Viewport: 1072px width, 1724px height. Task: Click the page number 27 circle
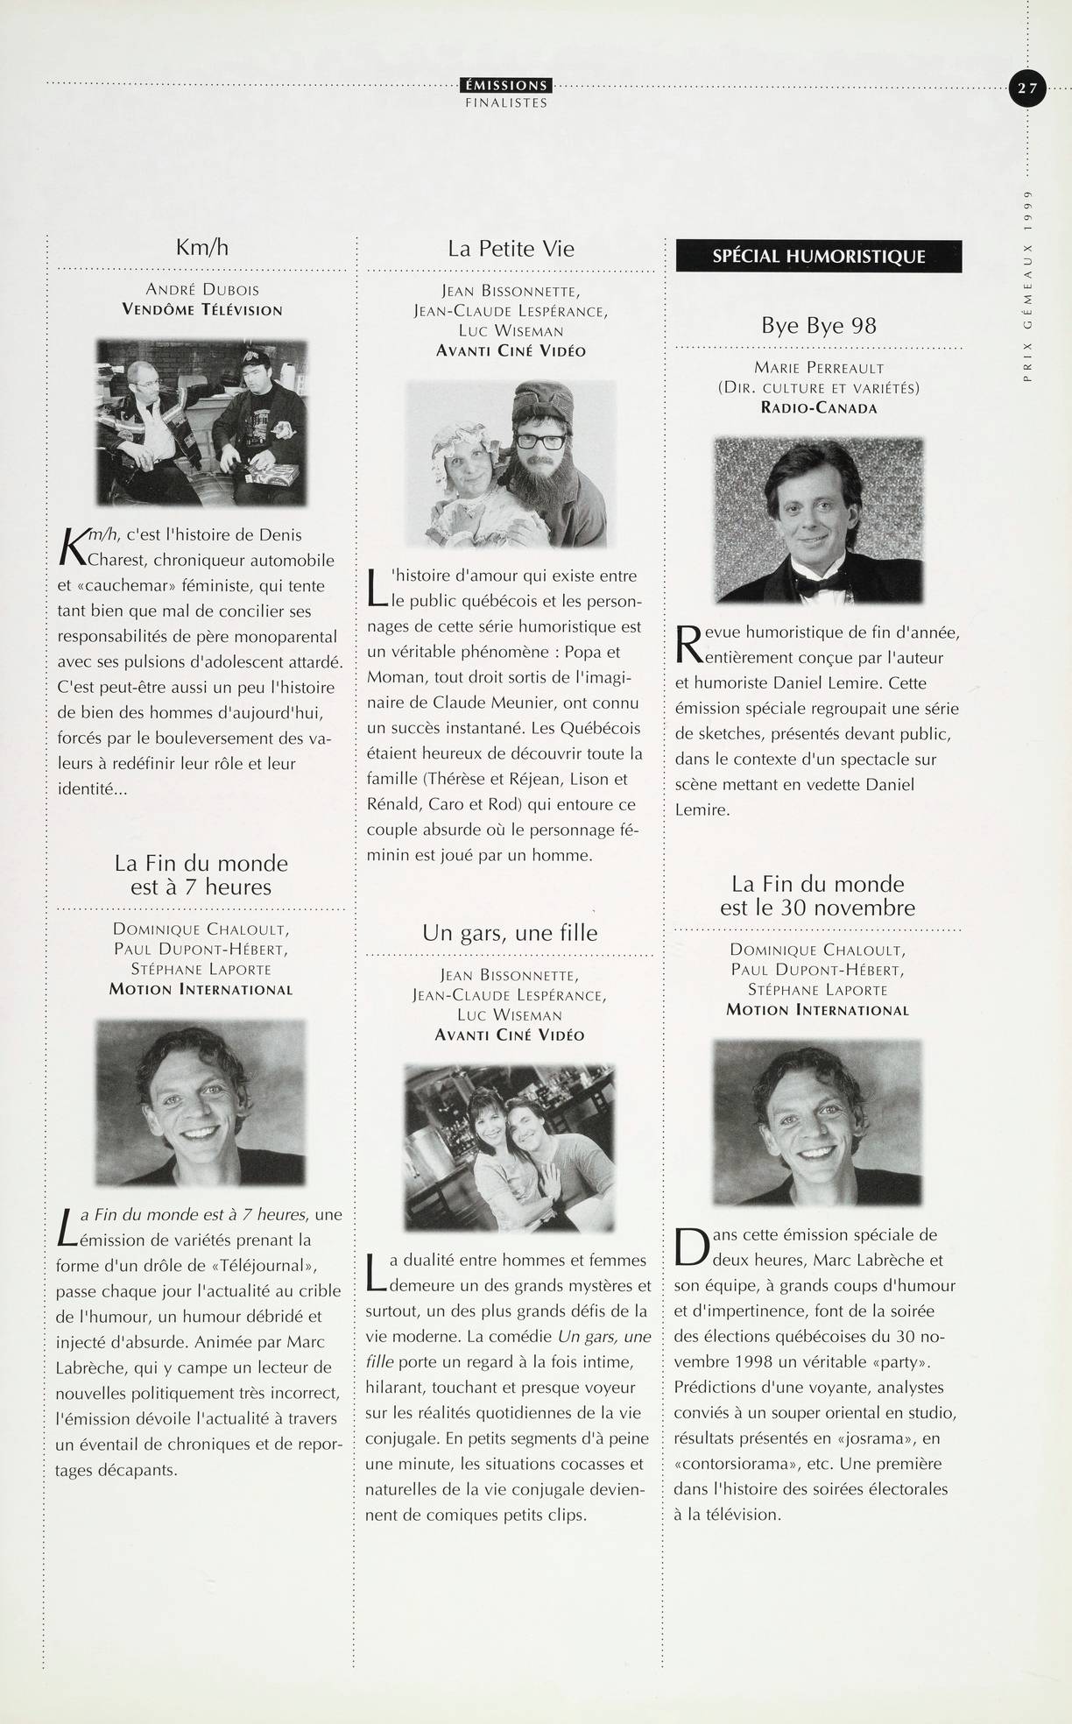pyautogui.click(x=1027, y=88)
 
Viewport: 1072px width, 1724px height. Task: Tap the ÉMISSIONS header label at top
pyautogui.click(x=505, y=85)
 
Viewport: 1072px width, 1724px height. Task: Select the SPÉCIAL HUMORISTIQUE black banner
pyautogui.click(x=819, y=257)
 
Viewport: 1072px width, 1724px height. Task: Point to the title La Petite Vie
pyautogui.click(x=511, y=248)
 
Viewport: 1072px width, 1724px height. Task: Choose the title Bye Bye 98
pyautogui.click(x=819, y=326)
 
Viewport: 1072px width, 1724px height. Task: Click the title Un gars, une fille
pyautogui.click(x=510, y=932)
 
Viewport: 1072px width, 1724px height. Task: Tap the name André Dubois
pyautogui.click(x=202, y=289)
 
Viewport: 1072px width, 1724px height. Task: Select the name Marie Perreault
pyautogui.click(x=819, y=368)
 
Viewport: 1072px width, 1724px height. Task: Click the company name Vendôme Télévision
pyautogui.click(x=202, y=309)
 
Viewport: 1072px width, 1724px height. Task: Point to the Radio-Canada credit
pyautogui.click(x=819, y=408)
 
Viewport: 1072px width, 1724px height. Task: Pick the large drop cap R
pyautogui.click(x=692, y=642)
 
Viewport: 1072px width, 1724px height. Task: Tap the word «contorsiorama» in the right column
pyautogui.click(x=730, y=1463)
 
